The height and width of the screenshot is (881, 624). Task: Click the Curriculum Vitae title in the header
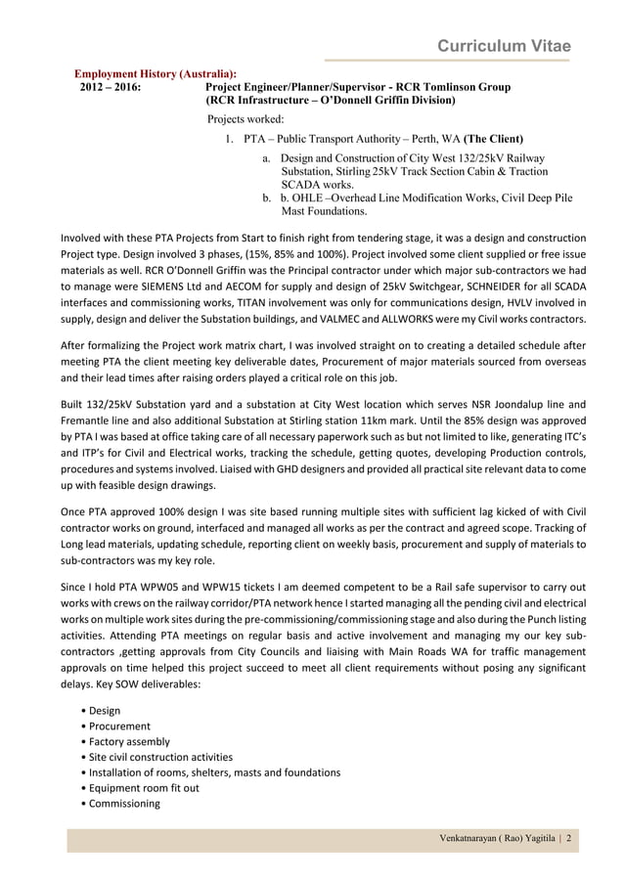[503, 47]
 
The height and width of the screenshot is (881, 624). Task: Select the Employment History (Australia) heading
[156, 74]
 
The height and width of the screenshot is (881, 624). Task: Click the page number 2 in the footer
[568, 839]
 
